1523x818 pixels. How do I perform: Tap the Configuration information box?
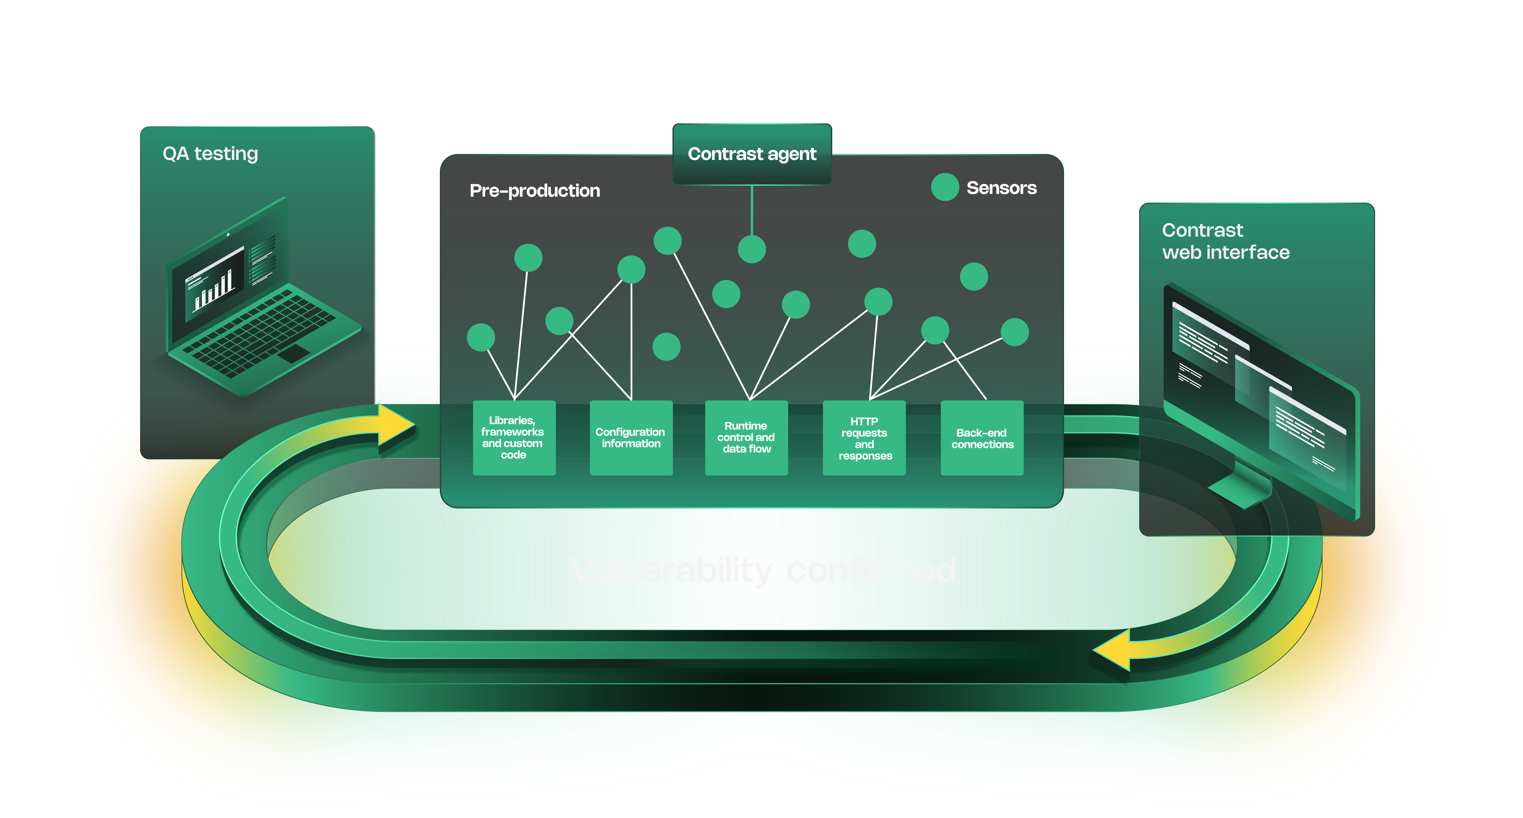[x=631, y=438]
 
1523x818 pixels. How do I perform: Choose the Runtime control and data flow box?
[x=746, y=438]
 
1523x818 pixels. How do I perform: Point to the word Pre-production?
[x=534, y=191]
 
